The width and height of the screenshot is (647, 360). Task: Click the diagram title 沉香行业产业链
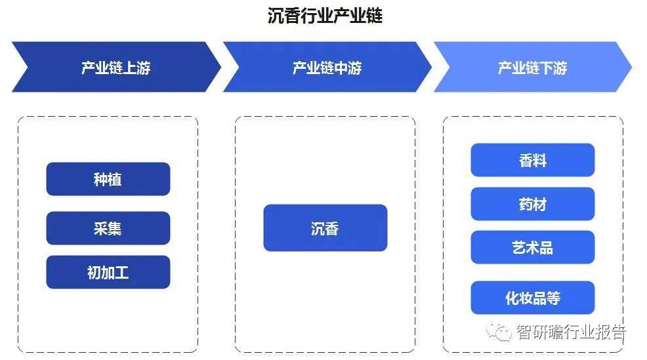(325, 16)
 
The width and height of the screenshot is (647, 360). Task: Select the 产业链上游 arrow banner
(116, 67)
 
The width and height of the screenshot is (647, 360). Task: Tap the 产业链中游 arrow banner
(327, 67)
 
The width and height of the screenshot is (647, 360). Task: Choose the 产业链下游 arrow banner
(532, 67)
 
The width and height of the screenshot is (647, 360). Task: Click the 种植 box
(108, 179)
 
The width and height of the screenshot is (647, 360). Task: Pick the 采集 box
(108, 228)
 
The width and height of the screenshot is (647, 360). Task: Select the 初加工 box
(108, 272)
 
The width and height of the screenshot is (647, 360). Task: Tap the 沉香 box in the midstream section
(325, 228)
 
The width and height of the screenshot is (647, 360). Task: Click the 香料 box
(533, 160)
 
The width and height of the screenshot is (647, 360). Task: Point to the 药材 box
(533, 204)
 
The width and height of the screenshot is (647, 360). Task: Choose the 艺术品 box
(533, 247)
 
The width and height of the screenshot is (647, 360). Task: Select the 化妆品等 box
(533, 298)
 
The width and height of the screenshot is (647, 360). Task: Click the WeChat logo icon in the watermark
(499, 332)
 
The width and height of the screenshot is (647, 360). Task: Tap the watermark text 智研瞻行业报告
(572, 332)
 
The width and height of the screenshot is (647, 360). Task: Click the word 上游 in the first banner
(136, 68)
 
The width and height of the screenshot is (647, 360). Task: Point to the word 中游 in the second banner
(348, 68)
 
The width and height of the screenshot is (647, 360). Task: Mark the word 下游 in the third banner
(553, 68)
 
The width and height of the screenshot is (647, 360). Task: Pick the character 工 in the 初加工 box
(122, 273)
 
